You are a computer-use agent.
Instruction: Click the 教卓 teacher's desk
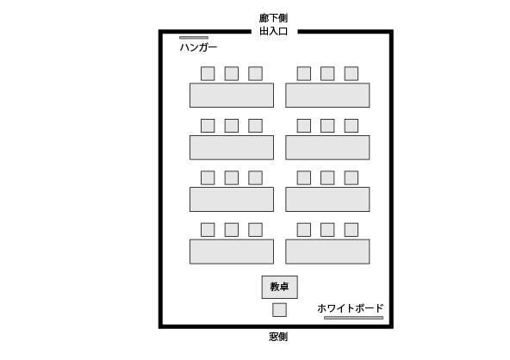(x=279, y=287)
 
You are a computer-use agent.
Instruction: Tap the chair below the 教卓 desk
(x=279, y=310)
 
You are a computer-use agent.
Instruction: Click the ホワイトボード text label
(x=351, y=308)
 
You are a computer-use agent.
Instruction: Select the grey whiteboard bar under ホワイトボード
(x=353, y=318)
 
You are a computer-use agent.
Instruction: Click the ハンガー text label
(x=198, y=47)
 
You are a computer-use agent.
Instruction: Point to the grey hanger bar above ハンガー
(x=194, y=38)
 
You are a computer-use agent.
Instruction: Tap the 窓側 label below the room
(x=278, y=337)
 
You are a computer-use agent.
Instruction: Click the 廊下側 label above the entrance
(x=273, y=18)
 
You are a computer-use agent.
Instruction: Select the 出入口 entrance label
(x=274, y=31)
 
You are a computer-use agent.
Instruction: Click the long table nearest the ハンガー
(x=232, y=95)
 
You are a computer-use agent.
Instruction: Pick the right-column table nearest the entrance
(x=327, y=95)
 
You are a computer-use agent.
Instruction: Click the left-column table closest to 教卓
(x=232, y=251)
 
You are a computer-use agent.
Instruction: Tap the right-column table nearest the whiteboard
(x=327, y=251)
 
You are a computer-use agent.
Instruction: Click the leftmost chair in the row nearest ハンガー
(x=208, y=73)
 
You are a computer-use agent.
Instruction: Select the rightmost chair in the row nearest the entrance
(x=351, y=73)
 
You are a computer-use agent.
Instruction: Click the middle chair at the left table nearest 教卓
(x=232, y=230)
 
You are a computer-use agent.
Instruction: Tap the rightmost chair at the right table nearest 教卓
(x=351, y=230)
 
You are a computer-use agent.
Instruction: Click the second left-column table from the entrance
(x=232, y=147)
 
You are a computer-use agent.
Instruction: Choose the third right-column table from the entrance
(x=327, y=199)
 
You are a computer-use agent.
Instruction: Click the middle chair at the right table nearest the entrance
(x=327, y=73)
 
